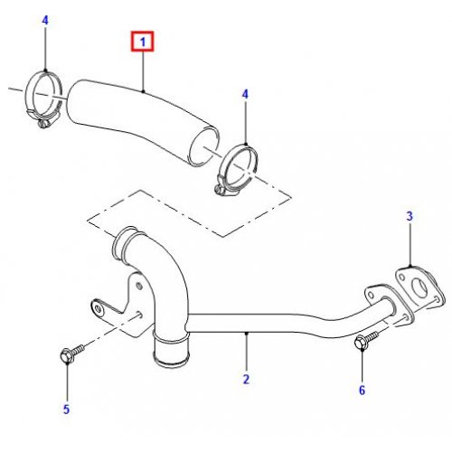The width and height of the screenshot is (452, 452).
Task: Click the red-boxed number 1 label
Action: click(143, 42)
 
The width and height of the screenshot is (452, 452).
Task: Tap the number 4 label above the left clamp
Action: click(45, 21)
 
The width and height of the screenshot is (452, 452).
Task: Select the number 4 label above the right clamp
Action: click(245, 94)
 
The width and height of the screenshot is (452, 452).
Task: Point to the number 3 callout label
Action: click(410, 216)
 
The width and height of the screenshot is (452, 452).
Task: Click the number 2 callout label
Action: click(246, 380)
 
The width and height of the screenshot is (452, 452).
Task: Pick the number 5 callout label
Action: click(66, 410)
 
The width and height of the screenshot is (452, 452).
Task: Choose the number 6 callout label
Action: click(362, 391)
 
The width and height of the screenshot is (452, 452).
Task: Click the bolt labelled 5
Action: click(72, 353)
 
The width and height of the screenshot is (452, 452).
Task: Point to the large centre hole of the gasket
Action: click(419, 287)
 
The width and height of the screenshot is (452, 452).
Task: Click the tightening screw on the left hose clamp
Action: click(43, 124)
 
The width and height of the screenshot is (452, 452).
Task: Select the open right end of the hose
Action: click(203, 146)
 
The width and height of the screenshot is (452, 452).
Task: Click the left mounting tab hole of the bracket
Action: click(98, 308)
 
